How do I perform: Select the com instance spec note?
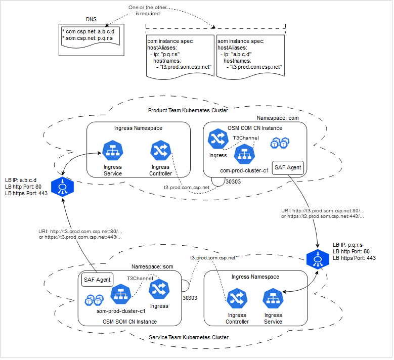tap(180, 56)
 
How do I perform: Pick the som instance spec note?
tap(250, 56)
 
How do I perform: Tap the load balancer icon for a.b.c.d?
tap(62, 187)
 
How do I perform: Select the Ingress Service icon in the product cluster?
tap(112, 151)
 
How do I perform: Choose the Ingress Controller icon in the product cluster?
tap(160, 151)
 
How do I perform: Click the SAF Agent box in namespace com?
tap(288, 167)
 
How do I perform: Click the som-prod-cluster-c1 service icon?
tap(121, 294)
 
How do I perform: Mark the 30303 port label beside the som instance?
tap(190, 298)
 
